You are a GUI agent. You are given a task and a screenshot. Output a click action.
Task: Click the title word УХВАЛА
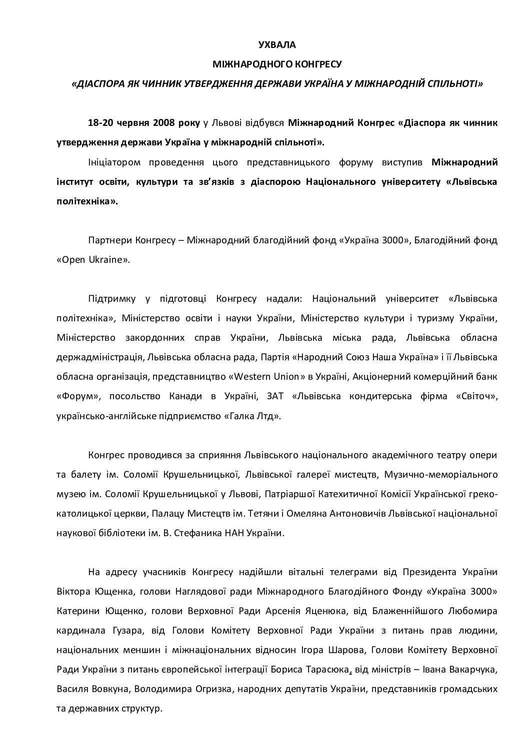pyautogui.click(x=277, y=45)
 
